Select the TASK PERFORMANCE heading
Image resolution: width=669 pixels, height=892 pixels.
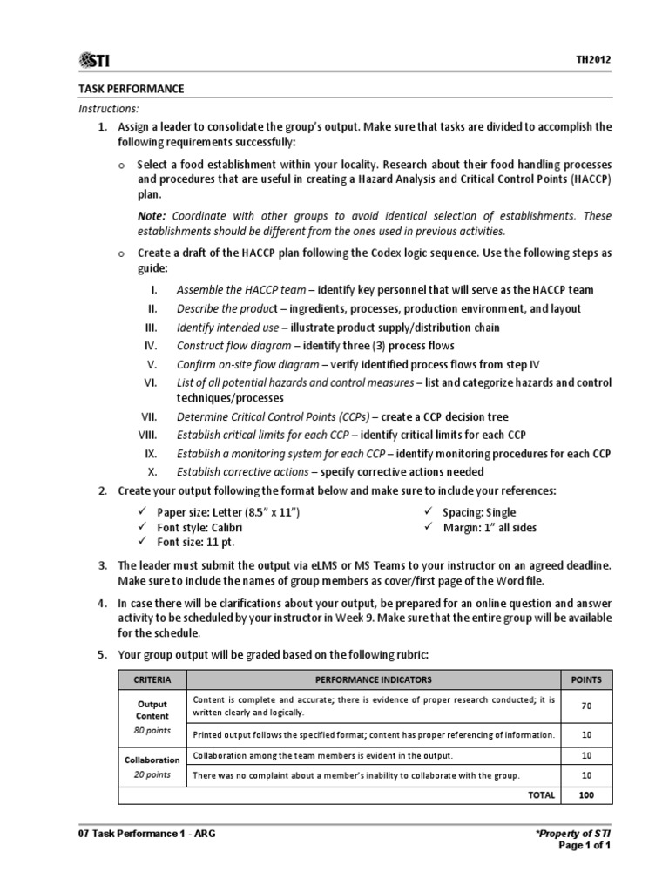[x=131, y=89]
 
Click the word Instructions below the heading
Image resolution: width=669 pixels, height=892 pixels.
[x=108, y=109]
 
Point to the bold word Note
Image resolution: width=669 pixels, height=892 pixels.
[x=152, y=216]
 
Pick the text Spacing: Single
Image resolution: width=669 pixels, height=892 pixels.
[x=479, y=512]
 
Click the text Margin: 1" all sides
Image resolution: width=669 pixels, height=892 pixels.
[x=488, y=528]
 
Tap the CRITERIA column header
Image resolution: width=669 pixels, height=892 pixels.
[x=152, y=679]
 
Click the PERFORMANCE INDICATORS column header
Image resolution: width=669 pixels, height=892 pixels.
[x=374, y=679]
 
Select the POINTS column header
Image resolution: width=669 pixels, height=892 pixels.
[x=586, y=679]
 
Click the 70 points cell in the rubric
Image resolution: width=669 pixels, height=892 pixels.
[x=586, y=706]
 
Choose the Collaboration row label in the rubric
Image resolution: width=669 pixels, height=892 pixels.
[x=152, y=759]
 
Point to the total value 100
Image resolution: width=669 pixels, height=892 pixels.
[x=586, y=795]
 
